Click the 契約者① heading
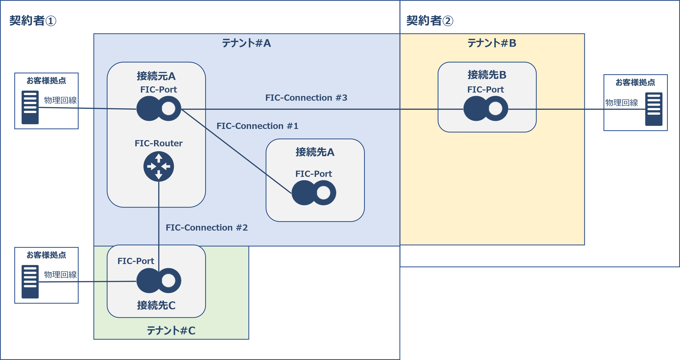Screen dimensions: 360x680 pos(33,21)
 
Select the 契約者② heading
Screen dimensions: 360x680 pos(430,21)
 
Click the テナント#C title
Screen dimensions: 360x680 pos(171,330)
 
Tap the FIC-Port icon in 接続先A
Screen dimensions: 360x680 pos(314,193)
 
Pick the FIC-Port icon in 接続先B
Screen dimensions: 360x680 pos(486,108)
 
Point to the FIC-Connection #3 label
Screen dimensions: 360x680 pos(306,98)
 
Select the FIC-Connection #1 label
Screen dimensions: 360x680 pos(257,126)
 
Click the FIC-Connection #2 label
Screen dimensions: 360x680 pos(207,227)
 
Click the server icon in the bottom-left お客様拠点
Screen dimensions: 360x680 pos(30,282)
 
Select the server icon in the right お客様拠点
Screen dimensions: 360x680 pos(654,109)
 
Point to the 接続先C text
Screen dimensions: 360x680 pos(156,305)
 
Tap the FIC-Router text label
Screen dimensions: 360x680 pos(158,143)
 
